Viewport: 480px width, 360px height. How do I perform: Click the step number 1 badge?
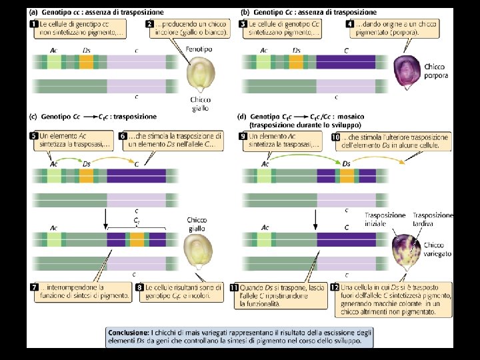33,24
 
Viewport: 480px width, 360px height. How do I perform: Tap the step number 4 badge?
350,24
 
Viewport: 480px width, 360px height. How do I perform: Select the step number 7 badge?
33,288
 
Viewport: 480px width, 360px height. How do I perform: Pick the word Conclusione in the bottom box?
131,331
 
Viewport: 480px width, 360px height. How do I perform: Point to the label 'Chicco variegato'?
436,249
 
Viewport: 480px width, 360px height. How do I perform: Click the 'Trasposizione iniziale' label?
385,219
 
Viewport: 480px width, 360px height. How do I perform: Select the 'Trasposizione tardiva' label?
433,219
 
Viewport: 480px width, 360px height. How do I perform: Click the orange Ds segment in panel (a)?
87,62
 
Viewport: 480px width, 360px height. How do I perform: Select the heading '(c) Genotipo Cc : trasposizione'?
93,116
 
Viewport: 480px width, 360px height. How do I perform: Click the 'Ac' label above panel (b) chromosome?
264,50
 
